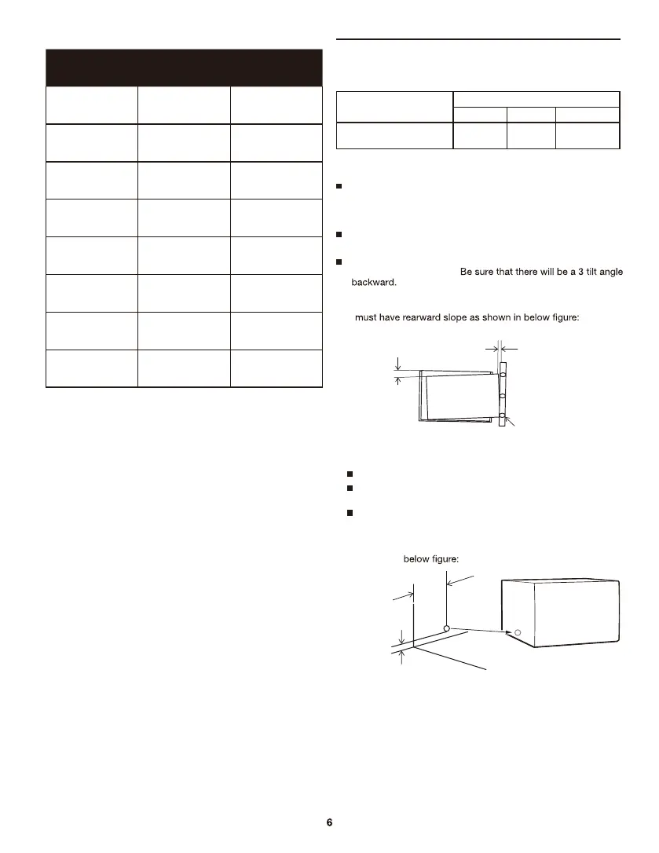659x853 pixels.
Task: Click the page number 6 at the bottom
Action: (x=329, y=822)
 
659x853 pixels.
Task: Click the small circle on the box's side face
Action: (x=518, y=632)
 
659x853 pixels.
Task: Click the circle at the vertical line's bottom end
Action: (x=446, y=629)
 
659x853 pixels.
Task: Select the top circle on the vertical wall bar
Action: (x=503, y=375)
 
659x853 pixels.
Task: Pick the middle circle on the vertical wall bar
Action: (x=503, y=396)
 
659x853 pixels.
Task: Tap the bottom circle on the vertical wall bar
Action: (x=503, y=416)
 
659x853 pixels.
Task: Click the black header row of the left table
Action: (x=184, y=68)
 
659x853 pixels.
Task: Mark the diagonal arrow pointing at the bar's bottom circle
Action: (x=511, y=424)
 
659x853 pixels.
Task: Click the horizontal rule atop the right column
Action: (x=478, y=38)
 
